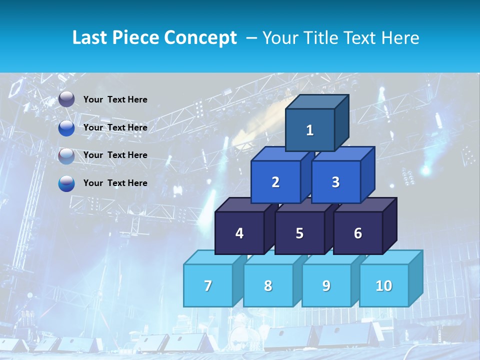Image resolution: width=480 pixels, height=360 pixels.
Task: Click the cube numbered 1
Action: (310, 130)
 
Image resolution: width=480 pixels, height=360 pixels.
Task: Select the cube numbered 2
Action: (275, 182)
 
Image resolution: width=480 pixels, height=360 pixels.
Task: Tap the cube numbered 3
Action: (335, 182)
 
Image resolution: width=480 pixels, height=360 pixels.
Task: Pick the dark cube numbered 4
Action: (239, 233)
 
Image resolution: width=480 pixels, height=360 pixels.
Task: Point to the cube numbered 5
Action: (299, 233)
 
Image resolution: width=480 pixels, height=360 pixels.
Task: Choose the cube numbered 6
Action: (357, 233)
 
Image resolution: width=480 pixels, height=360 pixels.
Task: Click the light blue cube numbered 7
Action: (208, 285)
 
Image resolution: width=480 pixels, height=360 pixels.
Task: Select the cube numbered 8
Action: (268, 285)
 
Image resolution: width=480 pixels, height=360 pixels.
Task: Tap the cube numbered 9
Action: (326, 285)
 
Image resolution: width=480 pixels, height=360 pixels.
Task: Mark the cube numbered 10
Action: (383, 285)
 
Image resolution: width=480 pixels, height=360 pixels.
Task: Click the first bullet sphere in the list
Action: (66, 99)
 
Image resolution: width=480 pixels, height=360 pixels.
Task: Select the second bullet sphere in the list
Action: (66, 128)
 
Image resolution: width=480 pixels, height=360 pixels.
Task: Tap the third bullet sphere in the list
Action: (66, 155)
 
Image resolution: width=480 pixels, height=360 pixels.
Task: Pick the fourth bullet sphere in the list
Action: (66, 183)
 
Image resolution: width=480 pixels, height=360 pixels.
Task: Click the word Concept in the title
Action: (200, 38)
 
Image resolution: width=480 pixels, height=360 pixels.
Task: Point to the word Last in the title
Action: (90, 38)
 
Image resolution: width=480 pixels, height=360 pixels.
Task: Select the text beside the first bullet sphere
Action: (115, 99)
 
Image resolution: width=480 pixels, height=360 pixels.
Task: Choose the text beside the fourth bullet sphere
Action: (115, 183)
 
